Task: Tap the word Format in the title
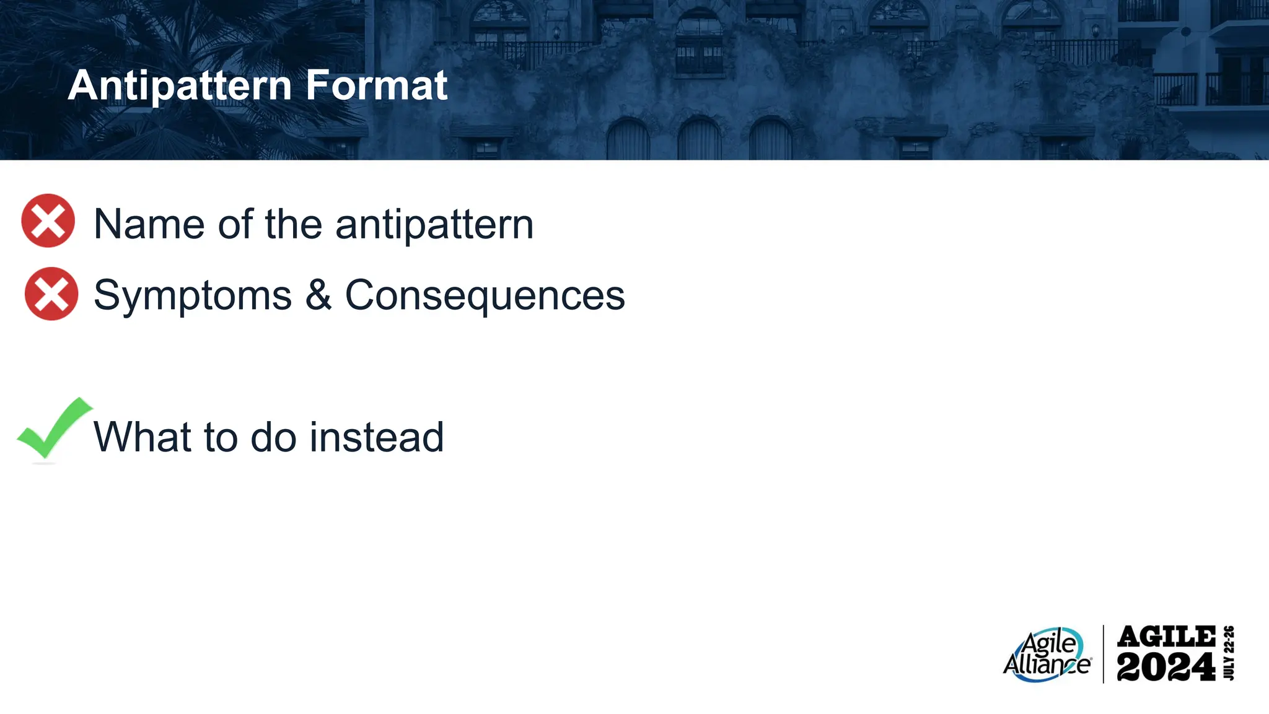point(376,85)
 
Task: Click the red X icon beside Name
point(48,221)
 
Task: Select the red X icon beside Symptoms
point(51,294)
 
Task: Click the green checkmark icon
point(53,429)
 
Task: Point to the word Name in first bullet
point(149,224)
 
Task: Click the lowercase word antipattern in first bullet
point(434,224)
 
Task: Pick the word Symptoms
point(193,295)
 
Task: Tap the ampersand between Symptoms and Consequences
point(318,295)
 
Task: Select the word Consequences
point(485,295)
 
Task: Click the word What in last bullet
point(142,437)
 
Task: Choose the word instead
point(377,437)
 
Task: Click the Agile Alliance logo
point(1047,655)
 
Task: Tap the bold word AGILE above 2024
point(1166,637)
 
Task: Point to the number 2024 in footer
point(1166,668)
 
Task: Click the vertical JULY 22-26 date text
point(1229,653)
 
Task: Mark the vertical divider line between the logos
point(1104,655)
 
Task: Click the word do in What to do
point(273,437)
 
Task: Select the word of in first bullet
point(235,224)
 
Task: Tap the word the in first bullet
point(294,224)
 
